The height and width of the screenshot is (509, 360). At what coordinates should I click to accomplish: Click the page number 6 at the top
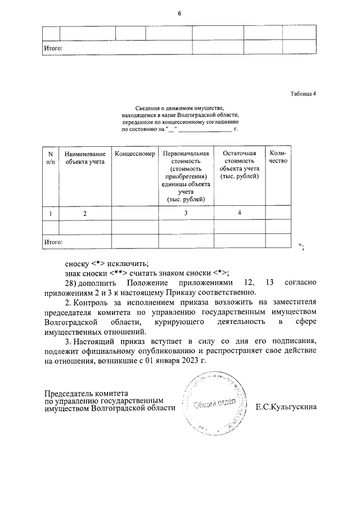(x=179, y=13)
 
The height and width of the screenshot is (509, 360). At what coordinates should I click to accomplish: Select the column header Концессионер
(x=134, y=154)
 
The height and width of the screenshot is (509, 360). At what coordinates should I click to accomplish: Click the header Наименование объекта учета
(x=85, y=157)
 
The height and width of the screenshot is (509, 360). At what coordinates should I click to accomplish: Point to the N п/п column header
(x=51, y=157)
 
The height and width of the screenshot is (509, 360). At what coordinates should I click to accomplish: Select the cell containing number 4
(x=239, y=213)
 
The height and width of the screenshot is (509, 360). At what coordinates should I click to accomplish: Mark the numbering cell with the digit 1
(x=51, y=213)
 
